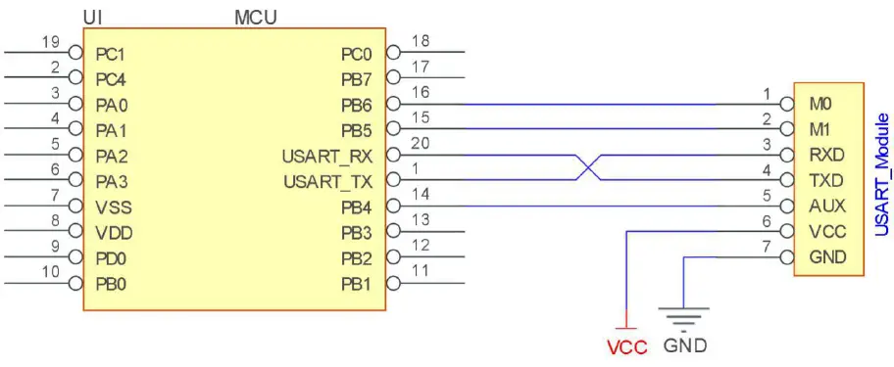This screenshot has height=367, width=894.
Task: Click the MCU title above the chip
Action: [x=255, y=18]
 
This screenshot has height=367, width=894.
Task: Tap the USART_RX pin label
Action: [x=327, y=156]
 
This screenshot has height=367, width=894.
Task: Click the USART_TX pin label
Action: [x=327, y=181]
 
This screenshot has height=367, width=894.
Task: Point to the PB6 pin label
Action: [x=356, y=104]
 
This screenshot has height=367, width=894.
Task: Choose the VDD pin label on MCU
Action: [x=114, y=233]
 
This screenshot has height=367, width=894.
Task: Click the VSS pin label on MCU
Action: [x=114, y=207]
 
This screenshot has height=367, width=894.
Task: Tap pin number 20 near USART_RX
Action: [x=422, y=145]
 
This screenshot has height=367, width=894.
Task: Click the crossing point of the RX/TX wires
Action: [x=586, y=167]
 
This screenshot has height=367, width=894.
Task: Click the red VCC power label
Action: [x=626, y=347]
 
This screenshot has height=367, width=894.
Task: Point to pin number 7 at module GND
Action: [x=768, y=249]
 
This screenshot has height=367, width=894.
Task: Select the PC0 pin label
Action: [x=356, y=53]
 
